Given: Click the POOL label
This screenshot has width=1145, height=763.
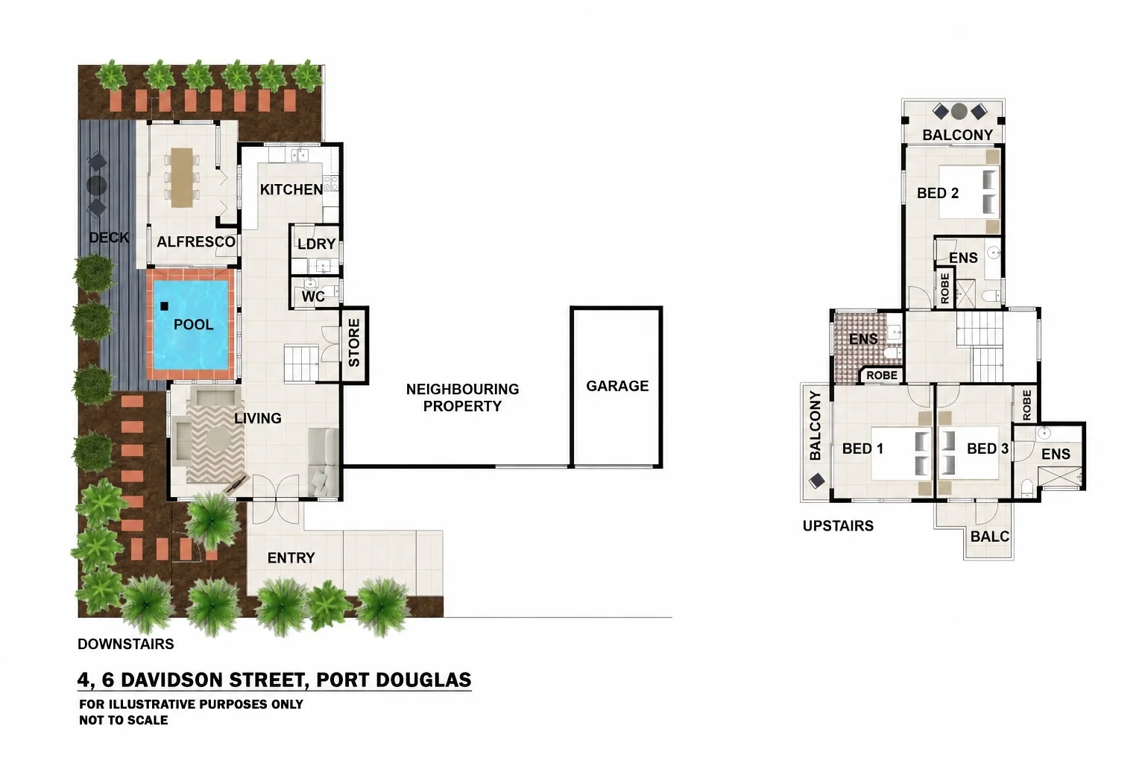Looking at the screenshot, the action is coord(193,325).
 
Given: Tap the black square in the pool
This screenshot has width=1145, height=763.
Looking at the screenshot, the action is coord(164,306).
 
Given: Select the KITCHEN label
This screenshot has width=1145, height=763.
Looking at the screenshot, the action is coord(291,189).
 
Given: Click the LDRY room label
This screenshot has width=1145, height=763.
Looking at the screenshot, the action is coord(316,244).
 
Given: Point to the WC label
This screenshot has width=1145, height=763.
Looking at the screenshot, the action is coord(313,297).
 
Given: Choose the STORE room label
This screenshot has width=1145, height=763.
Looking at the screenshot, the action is coord(354,343).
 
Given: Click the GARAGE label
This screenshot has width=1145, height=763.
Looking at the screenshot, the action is coord(617,386).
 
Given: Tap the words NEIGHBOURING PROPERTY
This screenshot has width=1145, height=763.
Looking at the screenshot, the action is coord(462,398).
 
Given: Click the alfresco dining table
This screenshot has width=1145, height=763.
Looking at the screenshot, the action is coord(181,177).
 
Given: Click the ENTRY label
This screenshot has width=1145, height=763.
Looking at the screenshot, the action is coord(291,557).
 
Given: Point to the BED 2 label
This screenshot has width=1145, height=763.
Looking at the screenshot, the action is coord(938,193).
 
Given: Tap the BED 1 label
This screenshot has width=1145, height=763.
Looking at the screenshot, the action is coord(862,449).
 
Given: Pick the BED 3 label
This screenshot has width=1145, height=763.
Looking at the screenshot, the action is coord(988,449).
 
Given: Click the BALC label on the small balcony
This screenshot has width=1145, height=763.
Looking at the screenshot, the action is coord(990,536).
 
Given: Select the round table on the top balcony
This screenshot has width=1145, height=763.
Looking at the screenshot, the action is coord(959,112).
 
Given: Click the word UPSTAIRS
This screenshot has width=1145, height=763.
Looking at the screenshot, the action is coord(838,526).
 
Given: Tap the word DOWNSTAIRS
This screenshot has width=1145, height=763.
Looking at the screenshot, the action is coord(126,644).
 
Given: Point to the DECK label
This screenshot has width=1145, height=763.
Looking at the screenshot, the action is coord(109,237).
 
